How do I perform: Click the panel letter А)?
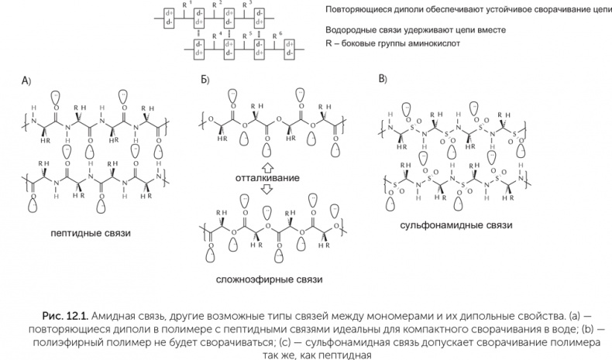click(x=26, y=81)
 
